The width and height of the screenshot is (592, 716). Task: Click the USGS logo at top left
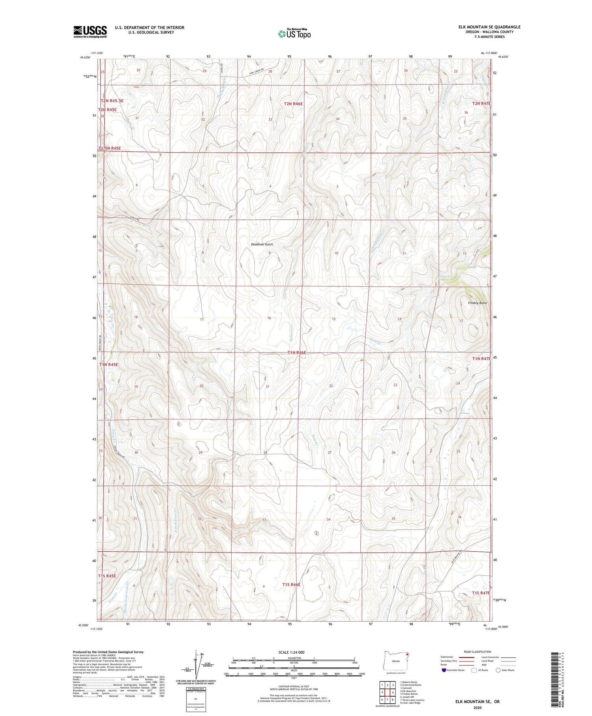[90, 32]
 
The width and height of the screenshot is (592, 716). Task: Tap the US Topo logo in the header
[294, 34]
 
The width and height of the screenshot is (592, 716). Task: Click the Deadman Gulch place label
[262, 244]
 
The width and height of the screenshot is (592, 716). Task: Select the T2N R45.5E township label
[112, 101]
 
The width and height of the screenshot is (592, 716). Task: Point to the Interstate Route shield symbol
[444, 670]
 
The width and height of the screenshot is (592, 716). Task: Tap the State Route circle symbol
[498, 670]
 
